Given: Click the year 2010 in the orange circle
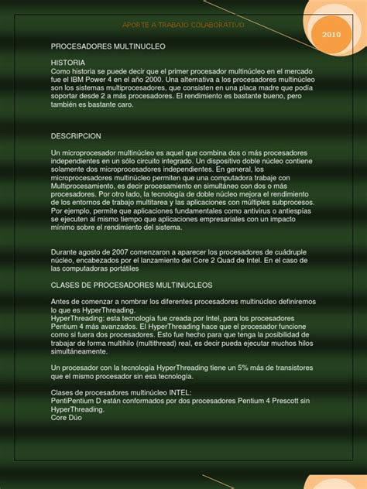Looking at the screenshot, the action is (331, 36).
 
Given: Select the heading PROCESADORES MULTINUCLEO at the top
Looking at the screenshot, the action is (108, 46).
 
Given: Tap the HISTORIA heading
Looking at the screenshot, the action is (68, 61).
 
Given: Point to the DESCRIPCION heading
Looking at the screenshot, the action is (77, 135).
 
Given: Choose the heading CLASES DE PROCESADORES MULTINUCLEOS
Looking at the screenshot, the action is (132, 285).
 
